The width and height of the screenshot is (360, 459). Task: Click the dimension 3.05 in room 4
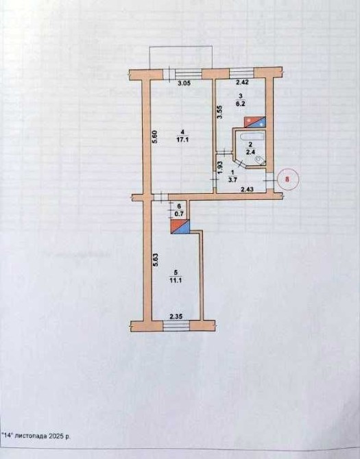(x=184, y=83)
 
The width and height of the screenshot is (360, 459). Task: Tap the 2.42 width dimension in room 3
(x=242, y=82)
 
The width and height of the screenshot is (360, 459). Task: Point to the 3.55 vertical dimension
(x=221, y=112)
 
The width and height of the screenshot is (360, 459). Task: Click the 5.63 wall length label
(x=156, y=260)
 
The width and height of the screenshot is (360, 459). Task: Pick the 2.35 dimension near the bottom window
(x=176, y=317)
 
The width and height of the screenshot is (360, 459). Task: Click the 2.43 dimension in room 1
(x=248, y=190)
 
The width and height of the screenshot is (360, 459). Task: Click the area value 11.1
(x=176, y=281)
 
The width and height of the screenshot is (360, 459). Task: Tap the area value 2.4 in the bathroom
(x=250, y=152)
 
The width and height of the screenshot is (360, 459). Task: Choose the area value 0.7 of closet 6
(x=179, y=214)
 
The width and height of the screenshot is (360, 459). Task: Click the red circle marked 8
(x=287, y=179)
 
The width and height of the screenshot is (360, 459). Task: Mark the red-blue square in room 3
(x=255, y=122)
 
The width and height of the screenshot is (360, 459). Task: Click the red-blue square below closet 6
(x=180, y=227)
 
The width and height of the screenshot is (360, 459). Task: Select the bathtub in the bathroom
(x=252, y=137)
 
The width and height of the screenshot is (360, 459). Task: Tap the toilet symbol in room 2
(x=260, y=160)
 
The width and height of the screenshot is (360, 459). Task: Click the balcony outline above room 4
(x=181, y=47)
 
